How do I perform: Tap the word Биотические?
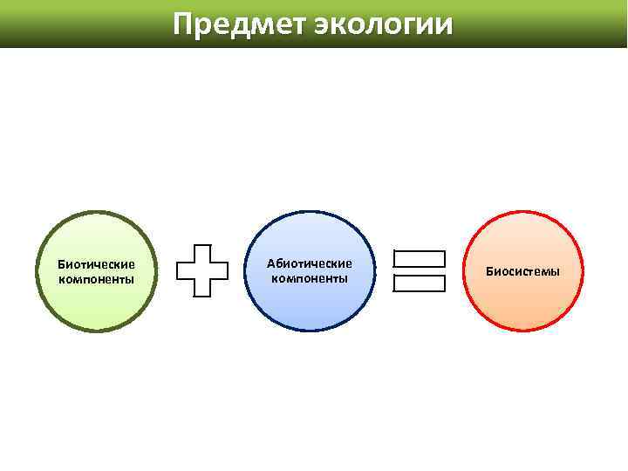(x=96, y=263)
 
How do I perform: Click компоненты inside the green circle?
(x=96, y=279)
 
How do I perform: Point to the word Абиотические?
(x=310, y=263)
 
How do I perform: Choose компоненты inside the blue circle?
(x=310, y=278)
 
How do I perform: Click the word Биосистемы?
(x=523, y=271)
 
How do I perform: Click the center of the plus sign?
(x=203, y=270)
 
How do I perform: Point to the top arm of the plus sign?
(x=203, y=251)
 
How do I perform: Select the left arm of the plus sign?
(x=184, y=270)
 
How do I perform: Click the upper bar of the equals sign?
(x=420, y=259)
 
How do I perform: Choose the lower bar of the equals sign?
(x=420, y=283)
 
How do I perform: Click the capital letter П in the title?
(x=183, y=24)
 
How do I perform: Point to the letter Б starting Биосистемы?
(x=490, y=271)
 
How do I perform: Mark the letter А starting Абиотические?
(x=271, y=263)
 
